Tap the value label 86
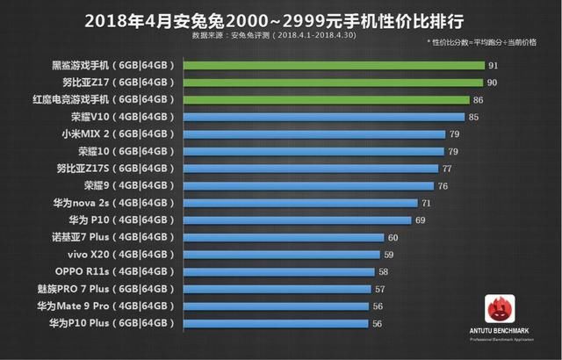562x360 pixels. point(502,100)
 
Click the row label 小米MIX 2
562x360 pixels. point(115,134)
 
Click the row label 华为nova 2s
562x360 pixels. point(115,203)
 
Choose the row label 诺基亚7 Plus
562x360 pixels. point(115,237)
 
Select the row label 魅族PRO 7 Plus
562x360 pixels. point(115,289)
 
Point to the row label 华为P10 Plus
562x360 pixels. point(115,323)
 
